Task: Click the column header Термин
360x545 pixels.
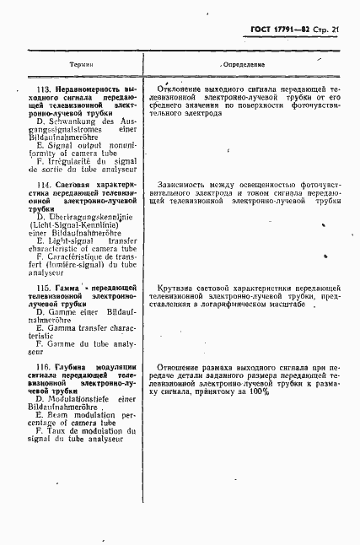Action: (x=82, y=64)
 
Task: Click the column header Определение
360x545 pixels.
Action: (x=243, y=64)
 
